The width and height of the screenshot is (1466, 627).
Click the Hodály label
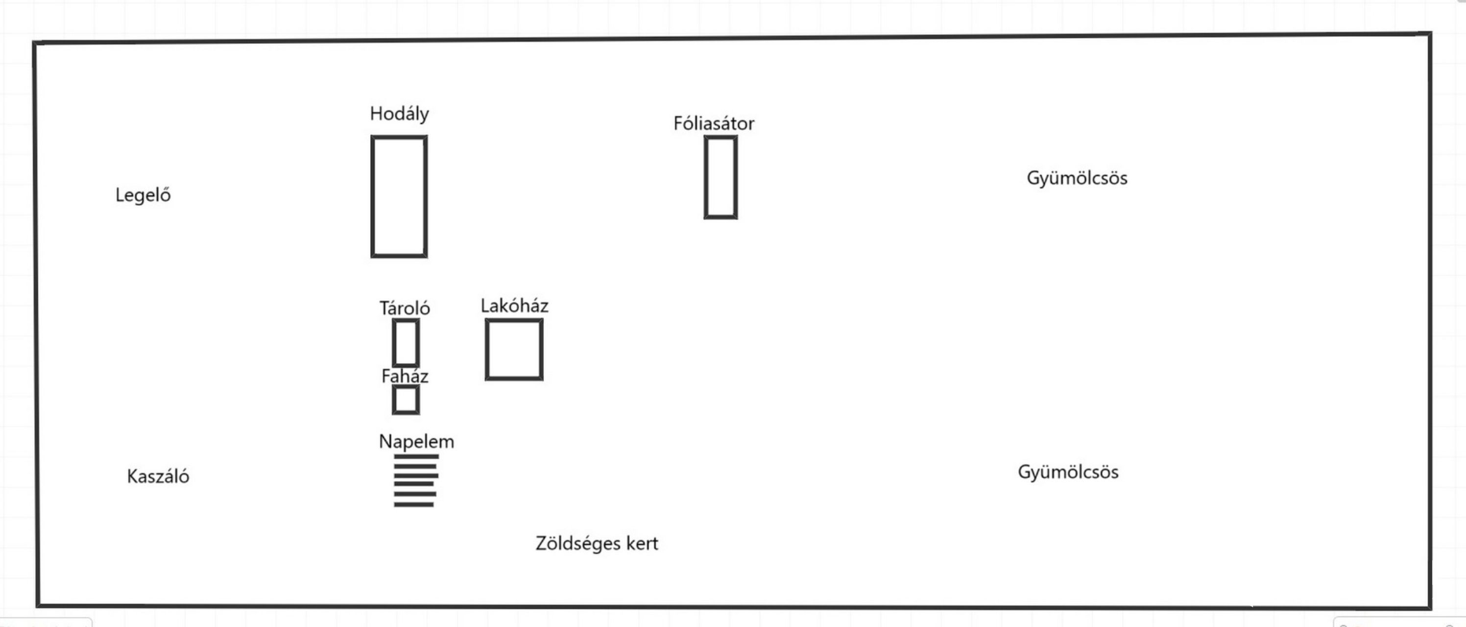pyautogui.click(x=399, y=114)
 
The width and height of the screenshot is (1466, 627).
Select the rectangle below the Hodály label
pyautogui.click(x=399, y=196)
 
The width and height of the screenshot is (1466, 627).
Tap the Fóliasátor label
pyautogui.click(x=714, y=123)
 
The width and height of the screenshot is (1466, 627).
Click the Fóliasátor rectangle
pyautogui.click(x=721, y=177)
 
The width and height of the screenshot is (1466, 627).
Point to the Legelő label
pyautogui.click(x=143, y=195)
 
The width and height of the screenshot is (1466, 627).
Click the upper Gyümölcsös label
pyautogui.click(x=1077, y=178)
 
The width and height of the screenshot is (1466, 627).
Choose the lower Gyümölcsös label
pyautogui.click(x=1068, y=472)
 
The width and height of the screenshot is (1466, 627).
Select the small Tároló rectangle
pyautogui.click(x=406, y=343)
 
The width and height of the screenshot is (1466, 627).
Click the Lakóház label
pyautogui.click(x=514, y=306)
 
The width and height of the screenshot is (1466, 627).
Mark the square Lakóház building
pyautogui.click(x=514, y=349)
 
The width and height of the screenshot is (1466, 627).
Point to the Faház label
pyautogui.click(x=405, y=376)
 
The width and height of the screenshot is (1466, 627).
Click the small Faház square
pyautogui.click(x=406, y=400)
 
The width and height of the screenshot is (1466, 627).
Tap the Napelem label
pyautogui.click(x=416, y=441)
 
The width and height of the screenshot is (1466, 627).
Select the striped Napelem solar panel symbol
pyautogui.click(x=415, y=480)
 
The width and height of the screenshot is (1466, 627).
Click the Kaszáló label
pyautogui.click(x=158, y=476)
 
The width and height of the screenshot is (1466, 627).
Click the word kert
pyautogui.click(x=642, y=543)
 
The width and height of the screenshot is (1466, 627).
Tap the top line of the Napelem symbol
pyautogui.click(x=416, y=457)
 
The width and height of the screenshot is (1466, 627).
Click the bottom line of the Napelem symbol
pyautogui.click(x=414, y=505)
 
